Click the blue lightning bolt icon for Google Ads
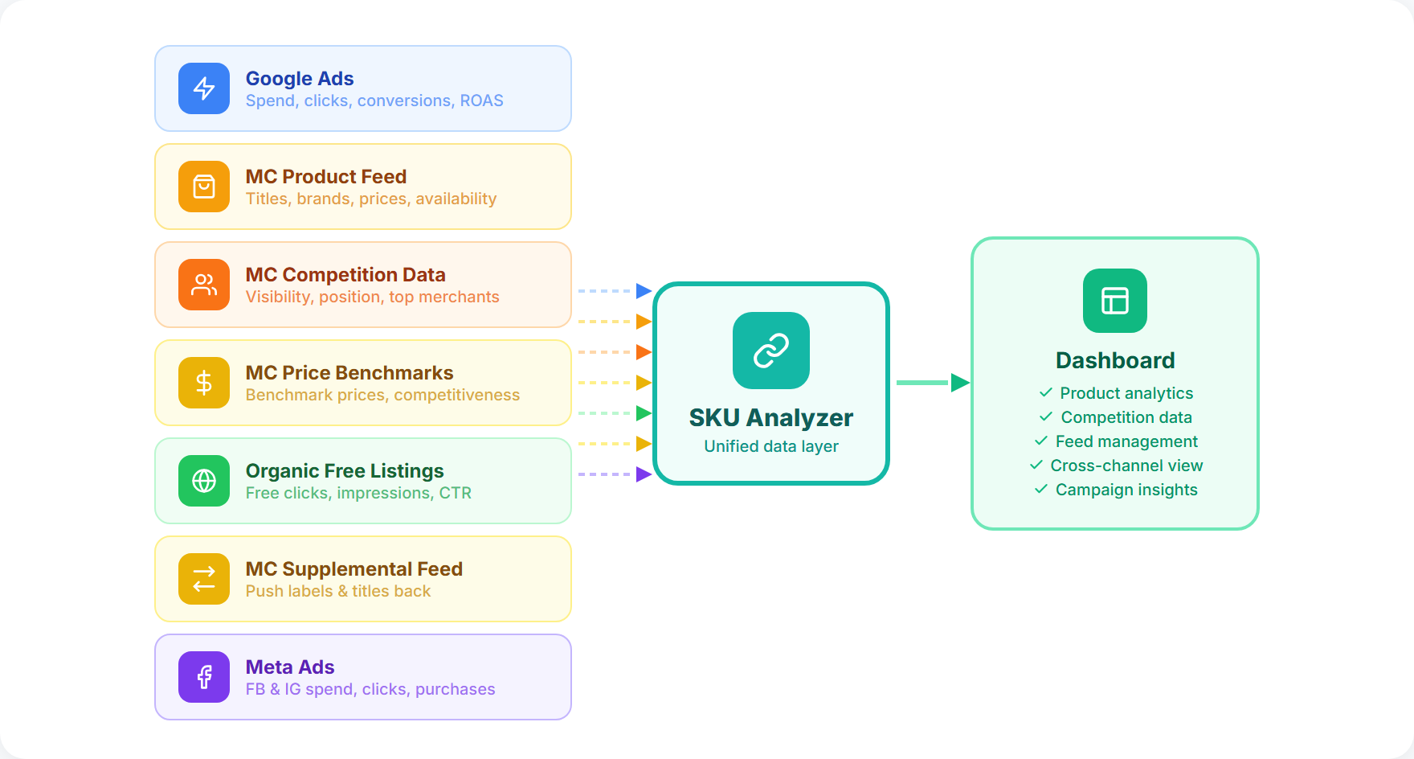[204, 88]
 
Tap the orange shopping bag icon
[204, 187]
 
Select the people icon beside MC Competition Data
[204, 285]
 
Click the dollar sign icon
[204, 383]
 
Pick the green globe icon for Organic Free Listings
[204, 481]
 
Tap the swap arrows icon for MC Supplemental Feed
[204, 579]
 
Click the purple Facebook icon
[204, 677]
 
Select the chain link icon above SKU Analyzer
[771, 351]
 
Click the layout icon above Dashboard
[1115, 301]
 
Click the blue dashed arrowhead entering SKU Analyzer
[644, 291]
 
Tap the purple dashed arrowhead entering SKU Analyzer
[644, 474]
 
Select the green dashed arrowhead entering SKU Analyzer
[644, 413]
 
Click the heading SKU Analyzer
[771, 418]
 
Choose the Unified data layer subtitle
[771, 446]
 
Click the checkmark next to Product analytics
[1045, 392]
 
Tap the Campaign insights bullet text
[1126, 490]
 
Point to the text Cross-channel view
[1126, 466]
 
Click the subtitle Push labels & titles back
[338, 591]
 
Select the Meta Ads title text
[290, 667]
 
